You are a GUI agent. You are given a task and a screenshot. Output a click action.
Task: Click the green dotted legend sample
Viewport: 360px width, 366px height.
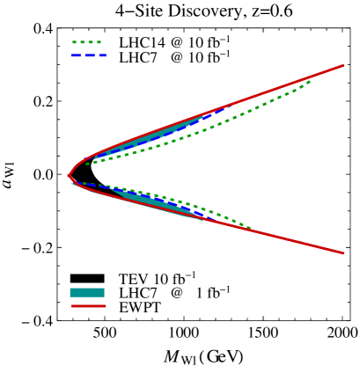[x=86, y=42]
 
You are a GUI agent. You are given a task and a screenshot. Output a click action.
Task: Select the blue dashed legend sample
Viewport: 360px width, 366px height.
[x=89, y=55]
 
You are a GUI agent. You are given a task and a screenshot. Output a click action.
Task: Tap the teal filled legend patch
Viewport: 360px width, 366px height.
[x=87, y=293]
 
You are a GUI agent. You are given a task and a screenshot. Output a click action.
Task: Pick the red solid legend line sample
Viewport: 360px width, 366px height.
[x=89, y=306]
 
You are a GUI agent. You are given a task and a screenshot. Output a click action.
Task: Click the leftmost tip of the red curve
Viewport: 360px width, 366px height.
[x=69, y=176]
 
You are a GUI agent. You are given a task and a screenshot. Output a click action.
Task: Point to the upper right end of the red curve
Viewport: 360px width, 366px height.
[x=342, y=66]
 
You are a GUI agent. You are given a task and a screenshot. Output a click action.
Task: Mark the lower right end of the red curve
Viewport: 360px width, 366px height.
[x=342, y=253]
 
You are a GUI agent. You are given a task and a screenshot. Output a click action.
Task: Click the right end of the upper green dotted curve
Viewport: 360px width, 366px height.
[x=310, y=82]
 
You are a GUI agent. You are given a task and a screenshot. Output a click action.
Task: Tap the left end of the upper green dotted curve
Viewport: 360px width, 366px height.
[x=86, y=164]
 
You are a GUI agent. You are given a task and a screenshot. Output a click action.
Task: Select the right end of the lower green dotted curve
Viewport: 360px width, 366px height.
[x=251, y=229]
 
